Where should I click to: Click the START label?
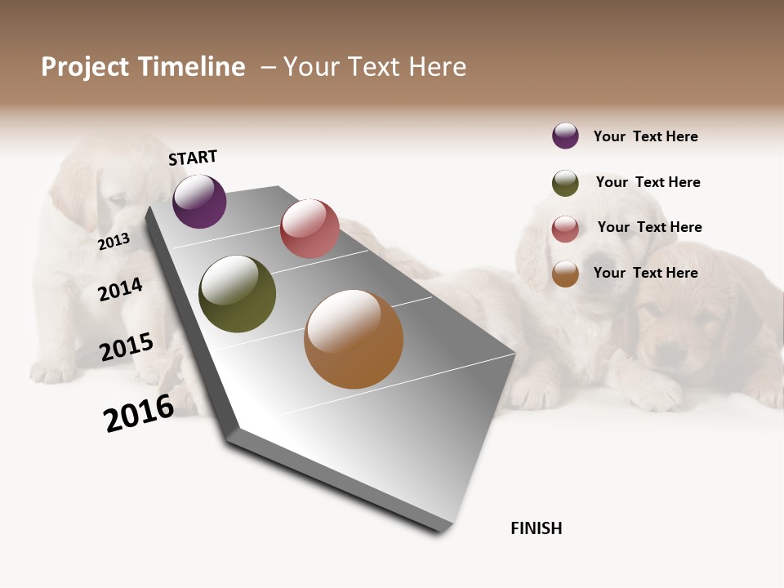pyautogui.click(x=193, y=158)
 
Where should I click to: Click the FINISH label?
pyautogui.click(x=536, y=528)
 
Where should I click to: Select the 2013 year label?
pyautogui.click(x=114, y=242)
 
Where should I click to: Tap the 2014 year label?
pyautogui.click(x=120, y=289)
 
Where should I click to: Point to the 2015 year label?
pyautogui.click(x=127, y=347)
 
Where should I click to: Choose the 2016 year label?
pyautogui.click(x=139, y=413)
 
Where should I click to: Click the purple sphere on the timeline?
pyautogui.click(x=199, y=202)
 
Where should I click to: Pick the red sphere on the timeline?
pyautogui.click(x=310, y=229)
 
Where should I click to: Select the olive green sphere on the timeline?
pyautogui.click(x=237, y=294)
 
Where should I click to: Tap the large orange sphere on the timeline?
pyautogui.click(x=354, y=340)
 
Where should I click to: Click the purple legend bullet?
pyautogui.click(x=565, y=136)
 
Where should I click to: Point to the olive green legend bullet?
pyautogui.click(x=565, y=183)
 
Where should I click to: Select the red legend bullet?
pyautogui.click(x=565, y=229)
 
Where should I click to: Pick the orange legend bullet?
pyautogui.click(x=565, y=274)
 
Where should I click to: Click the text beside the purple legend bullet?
pyautogui.click(x=645, y=136)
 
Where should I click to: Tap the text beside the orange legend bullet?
pyautogui.click(x=645, y=273)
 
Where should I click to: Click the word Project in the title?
pyautogui.click(x=84, y=67)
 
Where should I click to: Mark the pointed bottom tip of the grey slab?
pyautogui.click(x=443, y=530)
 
